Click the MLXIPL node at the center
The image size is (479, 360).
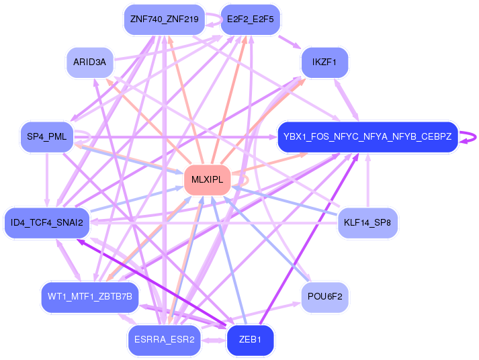(x=207, y=180)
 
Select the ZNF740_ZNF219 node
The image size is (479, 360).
(x=165, y=19)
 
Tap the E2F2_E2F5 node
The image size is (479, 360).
(x=250, y=19)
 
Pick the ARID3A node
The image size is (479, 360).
(x=90, y=62)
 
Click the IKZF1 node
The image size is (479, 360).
(x=324, y=62)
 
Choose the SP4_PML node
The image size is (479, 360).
(x=47, y=136)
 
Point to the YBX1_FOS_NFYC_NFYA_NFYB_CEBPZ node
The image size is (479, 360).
(x=367, y=136)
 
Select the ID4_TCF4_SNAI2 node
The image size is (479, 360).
(x=47, y=222)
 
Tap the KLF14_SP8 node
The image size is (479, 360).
(x=367, y=222)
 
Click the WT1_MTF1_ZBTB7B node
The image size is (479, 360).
(x=90, y=296)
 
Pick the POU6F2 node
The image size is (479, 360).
(x=324, y=296)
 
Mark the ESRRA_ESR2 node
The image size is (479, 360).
(x=165, y=340)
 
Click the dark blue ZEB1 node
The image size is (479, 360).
(x=250, y=340)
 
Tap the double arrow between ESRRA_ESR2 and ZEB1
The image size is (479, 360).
(x=214, y=340)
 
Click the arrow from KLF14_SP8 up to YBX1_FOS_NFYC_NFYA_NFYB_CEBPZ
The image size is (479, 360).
(x=367, y=180)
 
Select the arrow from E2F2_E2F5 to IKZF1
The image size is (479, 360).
(x=290, y=42)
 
